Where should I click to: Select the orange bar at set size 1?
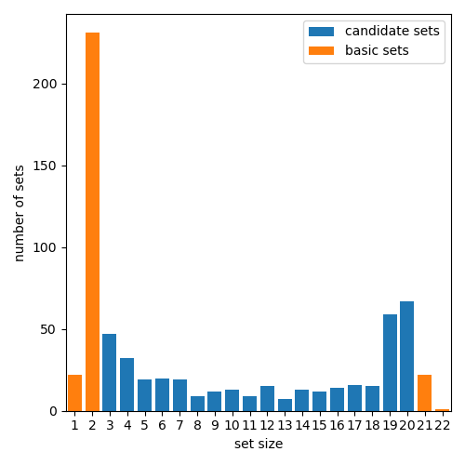tap(74, 393)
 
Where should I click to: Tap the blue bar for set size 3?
tap(110, 372)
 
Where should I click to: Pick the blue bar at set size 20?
tap(406, 356)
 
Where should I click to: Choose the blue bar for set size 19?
tap(390, 363)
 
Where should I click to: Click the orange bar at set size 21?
tap(424, 393)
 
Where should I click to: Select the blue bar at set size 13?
tap(285, 405)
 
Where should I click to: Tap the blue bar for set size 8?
tap(197, 404)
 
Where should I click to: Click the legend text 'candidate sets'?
tap(392, 32)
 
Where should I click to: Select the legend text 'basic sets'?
tap(377, 50)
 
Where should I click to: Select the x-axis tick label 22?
tap(442, 425)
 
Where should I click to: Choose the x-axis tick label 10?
tap(232, 425)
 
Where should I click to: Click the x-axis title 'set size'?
tap(258, 445)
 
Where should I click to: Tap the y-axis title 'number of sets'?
tap(20, 213)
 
